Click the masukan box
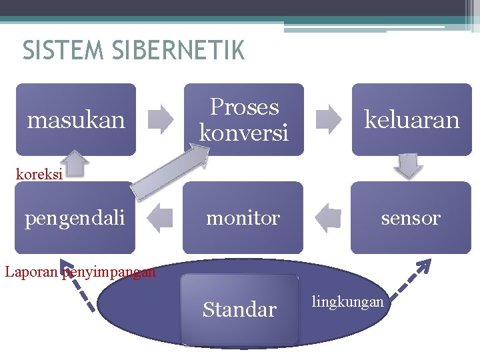[x=75, y=120]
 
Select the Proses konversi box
[x=243, y=120]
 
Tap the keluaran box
[x=411, y=120]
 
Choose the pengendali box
[x=75, y=218]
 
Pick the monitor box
[x=243, y=218]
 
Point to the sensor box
[x=411, y=218]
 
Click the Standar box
[x=239, y=309]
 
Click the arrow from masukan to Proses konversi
[x=159, y=120]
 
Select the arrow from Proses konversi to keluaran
[x=327, y=120]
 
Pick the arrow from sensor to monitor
[x=327, y=218]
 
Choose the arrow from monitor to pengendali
[x=159, y=218]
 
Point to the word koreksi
[x=39, y=175]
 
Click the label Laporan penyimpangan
[x=80, y=272]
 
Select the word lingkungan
[x=347, y=302]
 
